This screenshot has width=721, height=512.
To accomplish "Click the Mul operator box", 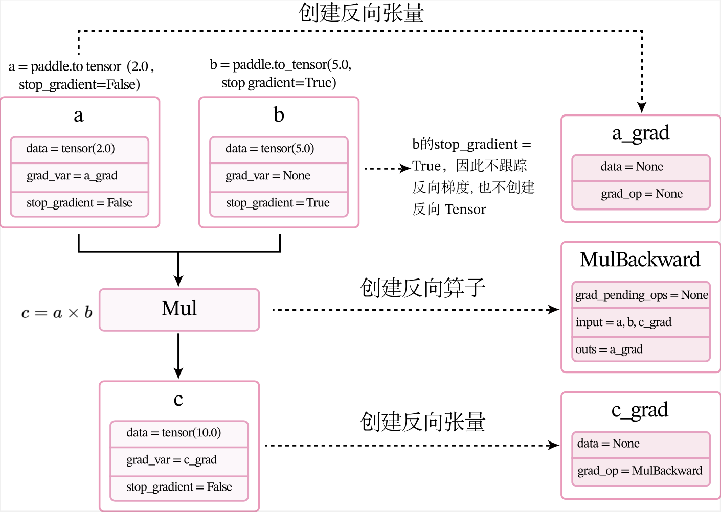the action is click(179, 309).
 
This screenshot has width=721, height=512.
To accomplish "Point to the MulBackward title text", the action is click(640, 259).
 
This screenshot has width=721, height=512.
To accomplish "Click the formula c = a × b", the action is click(57, 312).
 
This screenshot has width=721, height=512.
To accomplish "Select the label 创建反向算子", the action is click(422, 288).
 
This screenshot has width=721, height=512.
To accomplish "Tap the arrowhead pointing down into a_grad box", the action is click(642, 108).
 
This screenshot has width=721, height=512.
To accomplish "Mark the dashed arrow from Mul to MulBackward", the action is click(416, 310).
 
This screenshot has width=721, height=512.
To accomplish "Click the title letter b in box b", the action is click(279, 114).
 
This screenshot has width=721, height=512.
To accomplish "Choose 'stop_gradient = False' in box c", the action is click(179, 487).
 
